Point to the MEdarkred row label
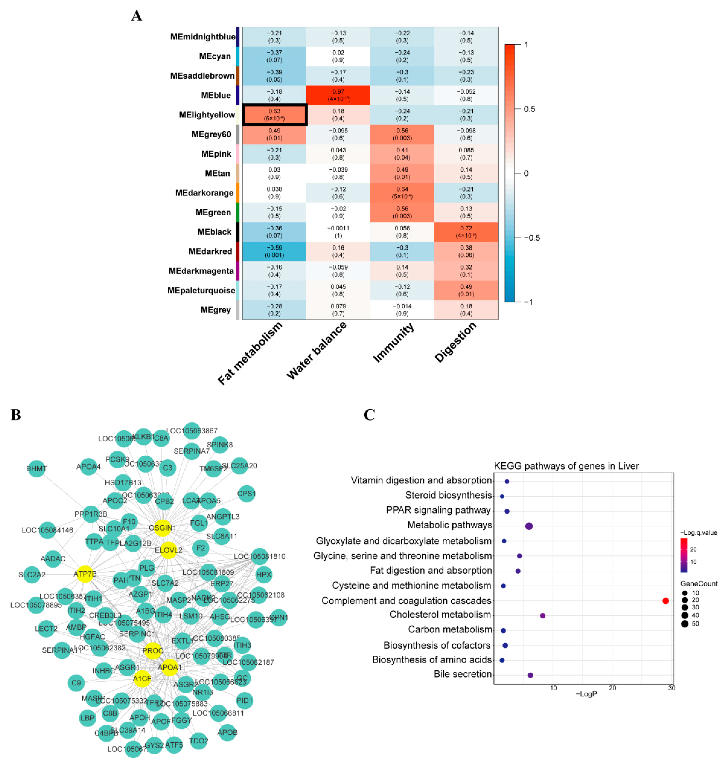pos(210,251)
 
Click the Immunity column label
pos(393,343)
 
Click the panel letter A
pos(136,16)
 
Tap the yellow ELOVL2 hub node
pos(168,550)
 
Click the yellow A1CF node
pos(142,678)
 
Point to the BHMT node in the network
pos(37,469)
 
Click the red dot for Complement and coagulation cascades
pos(665,601)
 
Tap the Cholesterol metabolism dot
pos(542,615)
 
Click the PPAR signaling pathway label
pos(438,510)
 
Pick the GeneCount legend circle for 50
pos(685,624)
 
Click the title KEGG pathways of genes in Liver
pos(566,466)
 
